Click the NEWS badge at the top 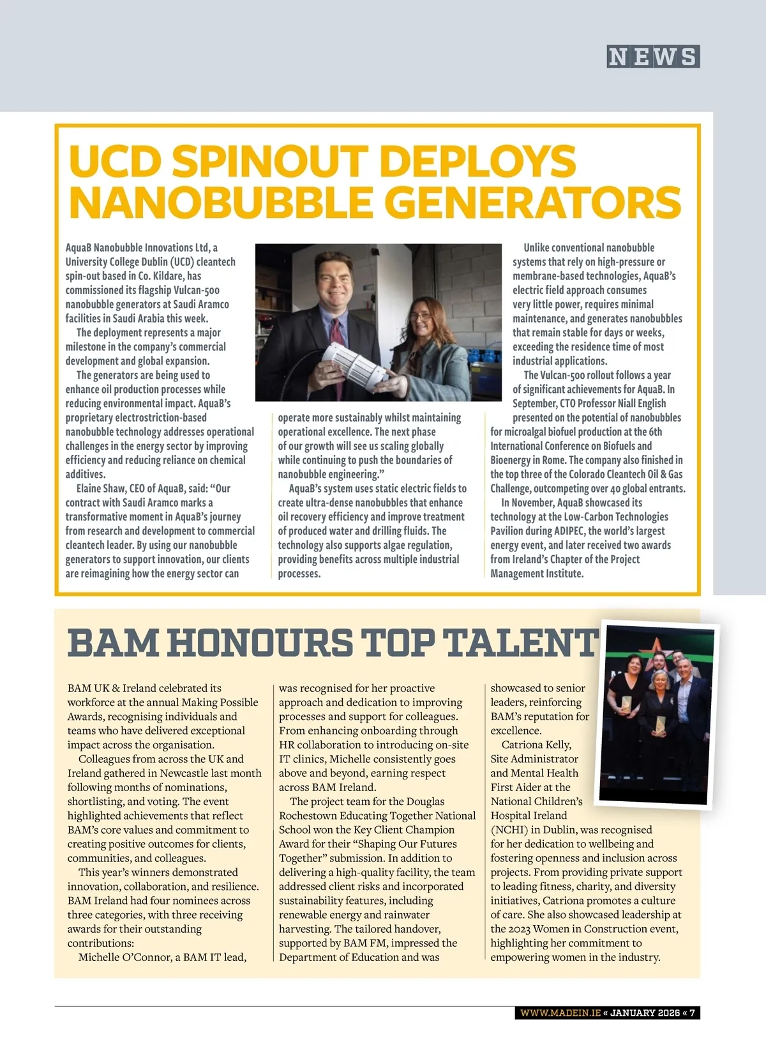(653, 57)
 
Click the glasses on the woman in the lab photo (423, 316)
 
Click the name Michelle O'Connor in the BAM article (126, 957)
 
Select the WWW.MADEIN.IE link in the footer (560, 1013)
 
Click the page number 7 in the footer (692, 1013)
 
